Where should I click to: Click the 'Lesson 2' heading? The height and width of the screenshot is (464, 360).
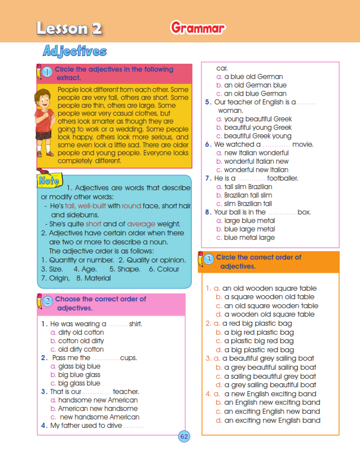point(69,28)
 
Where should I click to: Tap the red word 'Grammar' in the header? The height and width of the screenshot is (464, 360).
point(197,28)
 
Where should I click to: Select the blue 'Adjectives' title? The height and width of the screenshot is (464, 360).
point(74,51)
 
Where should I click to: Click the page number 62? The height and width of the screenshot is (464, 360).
point(184,436)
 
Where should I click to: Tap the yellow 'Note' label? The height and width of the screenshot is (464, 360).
point(47,181)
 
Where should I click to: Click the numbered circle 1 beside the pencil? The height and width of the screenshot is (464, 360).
point(47,72)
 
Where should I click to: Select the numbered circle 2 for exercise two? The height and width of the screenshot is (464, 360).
point(47,301)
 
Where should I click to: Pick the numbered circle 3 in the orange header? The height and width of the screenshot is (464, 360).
point(209,260)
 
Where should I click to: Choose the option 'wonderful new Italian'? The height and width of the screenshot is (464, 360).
point(256,170)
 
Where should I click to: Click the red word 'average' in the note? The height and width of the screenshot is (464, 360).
point(141,224)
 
